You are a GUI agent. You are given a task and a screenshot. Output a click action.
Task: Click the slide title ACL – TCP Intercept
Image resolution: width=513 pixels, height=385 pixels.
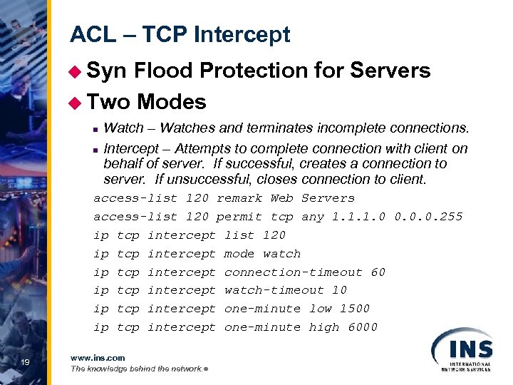coord(180,35)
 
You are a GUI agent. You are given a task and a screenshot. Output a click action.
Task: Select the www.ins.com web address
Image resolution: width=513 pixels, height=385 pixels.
coord(98,358)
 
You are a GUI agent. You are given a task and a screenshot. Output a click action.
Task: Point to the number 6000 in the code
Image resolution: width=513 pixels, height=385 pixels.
coord(363,327)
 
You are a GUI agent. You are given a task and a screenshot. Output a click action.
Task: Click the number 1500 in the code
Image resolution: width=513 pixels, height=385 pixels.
coord(355,309)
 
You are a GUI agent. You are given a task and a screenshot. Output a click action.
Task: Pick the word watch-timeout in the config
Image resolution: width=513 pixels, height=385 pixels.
coord(263,290)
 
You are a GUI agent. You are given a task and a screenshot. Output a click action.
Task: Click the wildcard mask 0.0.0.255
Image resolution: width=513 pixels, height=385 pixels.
coord(428,216)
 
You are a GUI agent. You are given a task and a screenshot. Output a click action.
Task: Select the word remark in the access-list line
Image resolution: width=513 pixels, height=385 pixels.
coord(239,198)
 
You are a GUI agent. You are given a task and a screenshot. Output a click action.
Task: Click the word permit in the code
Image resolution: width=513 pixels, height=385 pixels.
coord(239,216)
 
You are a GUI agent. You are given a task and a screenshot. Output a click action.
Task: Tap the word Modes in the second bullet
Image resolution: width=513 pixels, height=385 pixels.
coord(172,102)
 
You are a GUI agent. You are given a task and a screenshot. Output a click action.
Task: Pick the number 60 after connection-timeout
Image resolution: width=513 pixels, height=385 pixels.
coord(378,272)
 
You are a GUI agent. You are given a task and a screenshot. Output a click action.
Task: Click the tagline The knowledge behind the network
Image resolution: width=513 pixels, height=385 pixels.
coord(135,369)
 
